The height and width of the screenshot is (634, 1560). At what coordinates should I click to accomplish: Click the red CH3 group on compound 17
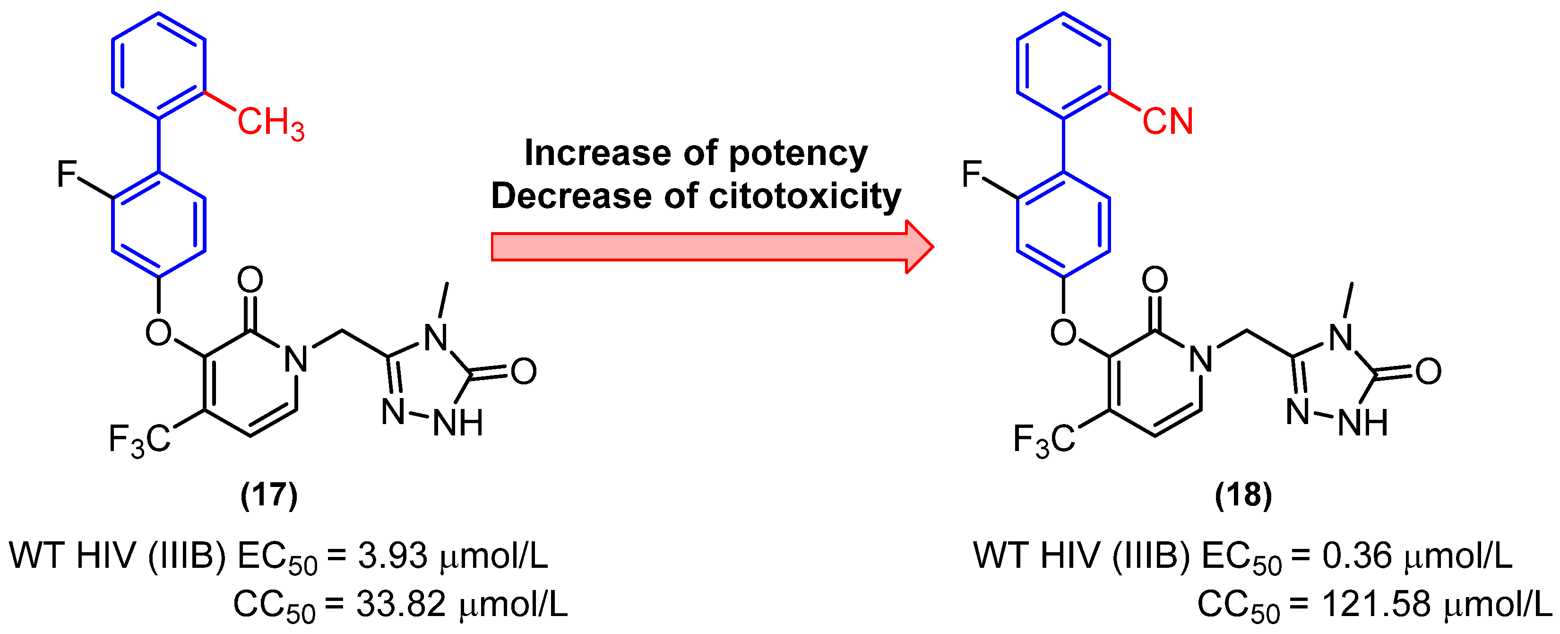pyautogui.click(x=270, y=123)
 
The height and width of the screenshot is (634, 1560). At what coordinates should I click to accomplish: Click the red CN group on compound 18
pyautogui.click(x=1167, y=121)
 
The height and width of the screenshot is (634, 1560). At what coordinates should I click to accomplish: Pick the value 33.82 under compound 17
pyautogui.click(x=400, y=604)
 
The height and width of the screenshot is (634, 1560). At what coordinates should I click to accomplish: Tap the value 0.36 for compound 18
pyautogui.click(x=1356, y=555)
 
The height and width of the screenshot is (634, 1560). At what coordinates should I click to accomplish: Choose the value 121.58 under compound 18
pyautogui.click(x=1376, y=604)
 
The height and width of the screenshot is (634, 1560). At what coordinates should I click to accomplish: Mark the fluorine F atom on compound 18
pyautogui.click(x=971, y=174)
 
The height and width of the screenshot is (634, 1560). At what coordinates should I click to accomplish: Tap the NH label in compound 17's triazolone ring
pyautogui.click(x=458, y=423)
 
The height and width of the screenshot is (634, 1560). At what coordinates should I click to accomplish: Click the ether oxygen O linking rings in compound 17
pyautogui.click(x=159, y=333)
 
